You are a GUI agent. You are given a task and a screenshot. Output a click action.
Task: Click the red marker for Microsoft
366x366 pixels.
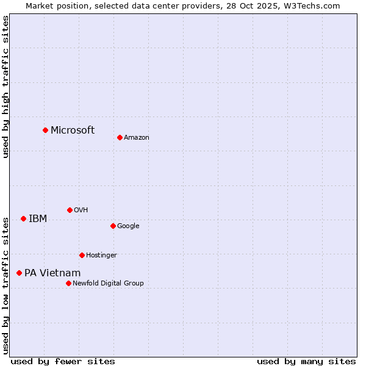click(45, 130)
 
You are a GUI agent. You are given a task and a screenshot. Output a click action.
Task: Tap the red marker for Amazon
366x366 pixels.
click(120, 137)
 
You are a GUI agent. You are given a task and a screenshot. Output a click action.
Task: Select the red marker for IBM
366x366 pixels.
click(23, 218)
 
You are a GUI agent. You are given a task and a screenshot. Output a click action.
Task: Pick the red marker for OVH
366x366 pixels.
click(70, 210)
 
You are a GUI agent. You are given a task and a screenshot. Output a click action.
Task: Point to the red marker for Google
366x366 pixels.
click(113, 226)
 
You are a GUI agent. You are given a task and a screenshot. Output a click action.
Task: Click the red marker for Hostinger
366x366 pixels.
click(82, 255)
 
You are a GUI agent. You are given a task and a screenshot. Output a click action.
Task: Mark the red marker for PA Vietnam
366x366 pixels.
click(19, 273)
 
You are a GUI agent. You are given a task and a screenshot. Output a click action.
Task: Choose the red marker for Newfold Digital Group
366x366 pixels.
click(68, 283)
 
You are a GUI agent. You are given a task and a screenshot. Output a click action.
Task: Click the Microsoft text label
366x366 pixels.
click(73, 130)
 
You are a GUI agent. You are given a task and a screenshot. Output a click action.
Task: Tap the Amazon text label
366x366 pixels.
click(137, 138)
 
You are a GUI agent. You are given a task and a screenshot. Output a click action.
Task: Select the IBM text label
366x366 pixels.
click(38, 219)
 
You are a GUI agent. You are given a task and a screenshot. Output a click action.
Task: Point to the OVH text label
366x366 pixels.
click(81, 210)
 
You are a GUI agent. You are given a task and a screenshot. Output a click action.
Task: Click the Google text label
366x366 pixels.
click(128, 226)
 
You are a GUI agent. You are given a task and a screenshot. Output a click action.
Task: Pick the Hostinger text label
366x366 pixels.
click(101, 256)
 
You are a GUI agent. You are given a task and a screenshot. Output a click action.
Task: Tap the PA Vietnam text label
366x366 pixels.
click(52, 273)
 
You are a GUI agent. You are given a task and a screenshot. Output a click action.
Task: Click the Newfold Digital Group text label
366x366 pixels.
click(108, 284)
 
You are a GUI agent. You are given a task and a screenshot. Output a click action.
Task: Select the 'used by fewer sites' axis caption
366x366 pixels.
click(63, 361)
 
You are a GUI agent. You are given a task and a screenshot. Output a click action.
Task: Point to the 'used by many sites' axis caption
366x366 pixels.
click(306, 361)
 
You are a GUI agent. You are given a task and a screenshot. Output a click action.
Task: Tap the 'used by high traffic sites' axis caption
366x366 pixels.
click(5, 87)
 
